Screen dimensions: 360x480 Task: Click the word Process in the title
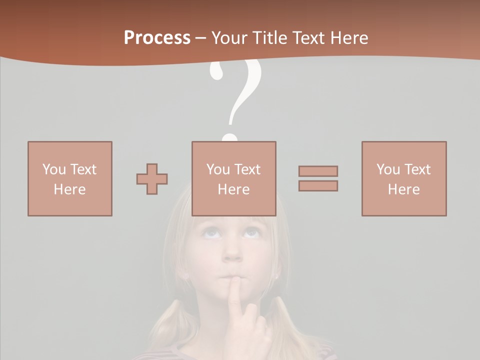point(157,38)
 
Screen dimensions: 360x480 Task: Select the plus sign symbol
point(152,179)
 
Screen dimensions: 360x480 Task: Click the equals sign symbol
point(318,178)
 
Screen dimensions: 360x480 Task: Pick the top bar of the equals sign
point(318,171)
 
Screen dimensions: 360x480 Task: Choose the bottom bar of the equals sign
point(318,186)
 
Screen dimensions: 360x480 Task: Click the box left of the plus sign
point(70,178)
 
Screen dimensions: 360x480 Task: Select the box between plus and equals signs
point(234,178)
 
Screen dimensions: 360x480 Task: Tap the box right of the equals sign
point(404,178)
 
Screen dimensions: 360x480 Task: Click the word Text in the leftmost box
point(83,169)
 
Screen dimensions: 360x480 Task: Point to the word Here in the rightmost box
point(404,189)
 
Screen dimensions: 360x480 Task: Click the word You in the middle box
point(218,169)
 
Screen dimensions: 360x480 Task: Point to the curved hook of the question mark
point(242,85)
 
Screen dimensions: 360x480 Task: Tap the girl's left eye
point(251,233)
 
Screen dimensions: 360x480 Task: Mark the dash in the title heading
point(201,38)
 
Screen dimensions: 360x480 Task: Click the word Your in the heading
point(228,38)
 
